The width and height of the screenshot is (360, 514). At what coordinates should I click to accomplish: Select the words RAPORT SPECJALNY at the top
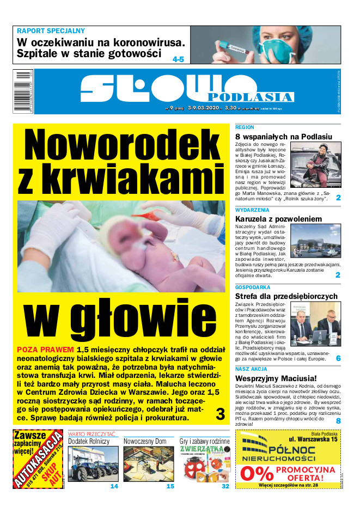click(x=51, y=31)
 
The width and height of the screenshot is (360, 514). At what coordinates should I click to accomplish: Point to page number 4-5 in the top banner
click(x=178, y=59)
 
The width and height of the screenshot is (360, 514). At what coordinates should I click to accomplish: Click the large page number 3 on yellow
click(x=220, y=414)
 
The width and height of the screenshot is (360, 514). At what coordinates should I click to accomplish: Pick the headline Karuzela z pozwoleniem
click(x=278, y=219)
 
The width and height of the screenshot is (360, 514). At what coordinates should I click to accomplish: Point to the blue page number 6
click(x=338, y=359)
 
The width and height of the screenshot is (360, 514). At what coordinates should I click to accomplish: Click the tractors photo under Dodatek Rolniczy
click(x=93, y=463)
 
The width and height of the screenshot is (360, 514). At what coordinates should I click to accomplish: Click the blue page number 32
click(x=225, y=486)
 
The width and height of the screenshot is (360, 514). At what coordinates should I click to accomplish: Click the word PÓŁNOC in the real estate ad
click(x=296, y=450)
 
